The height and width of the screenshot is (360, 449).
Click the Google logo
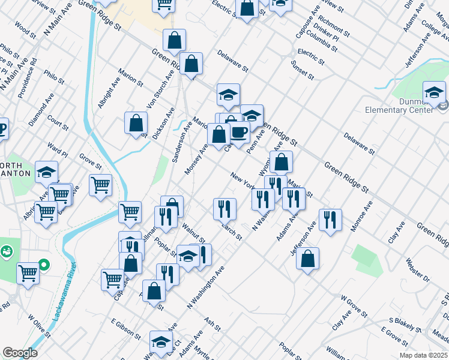tap(20, 353)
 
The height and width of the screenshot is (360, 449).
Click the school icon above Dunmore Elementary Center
tap(434, 92)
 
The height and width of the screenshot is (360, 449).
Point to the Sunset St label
tap(303, 70)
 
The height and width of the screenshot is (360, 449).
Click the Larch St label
tap(231, 232)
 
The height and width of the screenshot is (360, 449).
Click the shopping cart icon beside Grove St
tap(100, 184)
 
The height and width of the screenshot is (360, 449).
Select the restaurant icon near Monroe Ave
tap(330, 220)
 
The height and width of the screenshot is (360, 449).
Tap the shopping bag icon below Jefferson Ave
tap(307, 258)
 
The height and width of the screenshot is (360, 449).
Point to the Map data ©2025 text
tap(423, 355)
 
